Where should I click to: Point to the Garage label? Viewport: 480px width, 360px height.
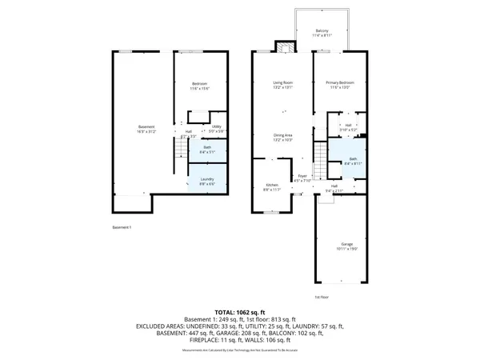[346, 244]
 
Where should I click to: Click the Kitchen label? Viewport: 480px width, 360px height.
[272, 186]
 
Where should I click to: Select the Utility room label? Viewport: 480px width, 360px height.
[216, 127]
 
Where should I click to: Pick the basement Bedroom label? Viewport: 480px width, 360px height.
[199, 85]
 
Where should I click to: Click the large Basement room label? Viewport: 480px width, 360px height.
[146, 127]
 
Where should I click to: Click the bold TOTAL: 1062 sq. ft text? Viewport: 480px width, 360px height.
[240, 311]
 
